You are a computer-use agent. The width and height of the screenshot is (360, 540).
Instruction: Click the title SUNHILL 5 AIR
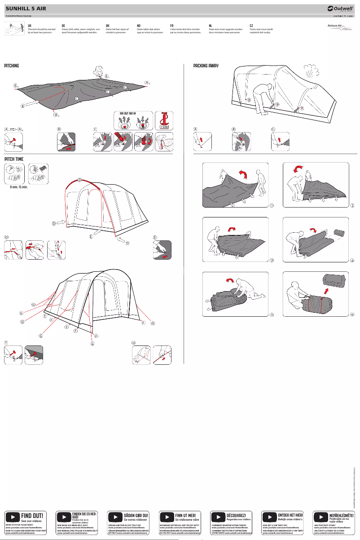tap(25, 8)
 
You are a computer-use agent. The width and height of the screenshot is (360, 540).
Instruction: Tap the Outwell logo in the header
tap(340, 8)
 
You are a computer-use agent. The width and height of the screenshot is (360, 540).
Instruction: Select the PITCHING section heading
tap(12, 66)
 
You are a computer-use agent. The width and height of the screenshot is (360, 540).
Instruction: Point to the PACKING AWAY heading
tap(206, 66)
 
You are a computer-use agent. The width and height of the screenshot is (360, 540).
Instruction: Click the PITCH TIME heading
tap(13, 159)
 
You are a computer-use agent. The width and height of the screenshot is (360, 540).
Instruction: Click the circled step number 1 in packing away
tap(272, 206)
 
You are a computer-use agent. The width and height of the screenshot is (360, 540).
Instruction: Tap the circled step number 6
tap(352, 314)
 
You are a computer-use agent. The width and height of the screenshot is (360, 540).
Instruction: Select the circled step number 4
tap(352, 261)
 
